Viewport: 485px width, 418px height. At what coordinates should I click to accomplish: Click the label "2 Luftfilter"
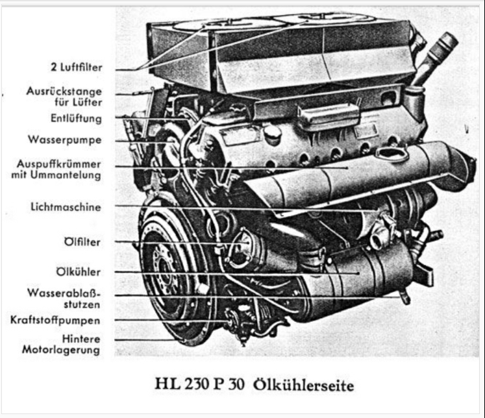pos(77,67)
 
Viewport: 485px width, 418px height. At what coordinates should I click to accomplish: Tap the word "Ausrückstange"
pos(64,92)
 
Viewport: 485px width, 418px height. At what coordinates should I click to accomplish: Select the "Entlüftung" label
pos(76,118)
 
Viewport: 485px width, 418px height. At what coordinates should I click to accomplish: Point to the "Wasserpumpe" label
pos(65,140)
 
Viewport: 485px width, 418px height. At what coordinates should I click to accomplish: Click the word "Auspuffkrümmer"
pos(59,164)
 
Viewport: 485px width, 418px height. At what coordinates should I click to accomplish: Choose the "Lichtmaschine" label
pos(66,207)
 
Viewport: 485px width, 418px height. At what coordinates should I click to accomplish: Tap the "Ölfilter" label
pos(82,241)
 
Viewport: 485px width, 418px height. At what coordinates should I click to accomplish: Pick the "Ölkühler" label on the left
pos(79,272)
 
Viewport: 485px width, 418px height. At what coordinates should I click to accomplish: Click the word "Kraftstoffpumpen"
pos(55,320)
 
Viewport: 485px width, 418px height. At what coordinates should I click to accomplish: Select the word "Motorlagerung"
pos(61,350)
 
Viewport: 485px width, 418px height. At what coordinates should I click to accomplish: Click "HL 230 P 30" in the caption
pos(199,385)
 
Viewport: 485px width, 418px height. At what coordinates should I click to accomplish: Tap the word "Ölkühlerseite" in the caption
pos(303,385)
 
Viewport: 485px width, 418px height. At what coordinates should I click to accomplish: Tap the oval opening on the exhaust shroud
pos(392,154)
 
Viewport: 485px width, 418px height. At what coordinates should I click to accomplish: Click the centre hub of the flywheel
pos(165,272)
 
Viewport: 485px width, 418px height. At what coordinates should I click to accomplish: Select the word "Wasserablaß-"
pos(64,293)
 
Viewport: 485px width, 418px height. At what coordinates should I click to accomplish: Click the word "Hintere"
pos(81,339)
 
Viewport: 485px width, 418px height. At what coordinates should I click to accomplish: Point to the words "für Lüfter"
pos(79,102)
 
